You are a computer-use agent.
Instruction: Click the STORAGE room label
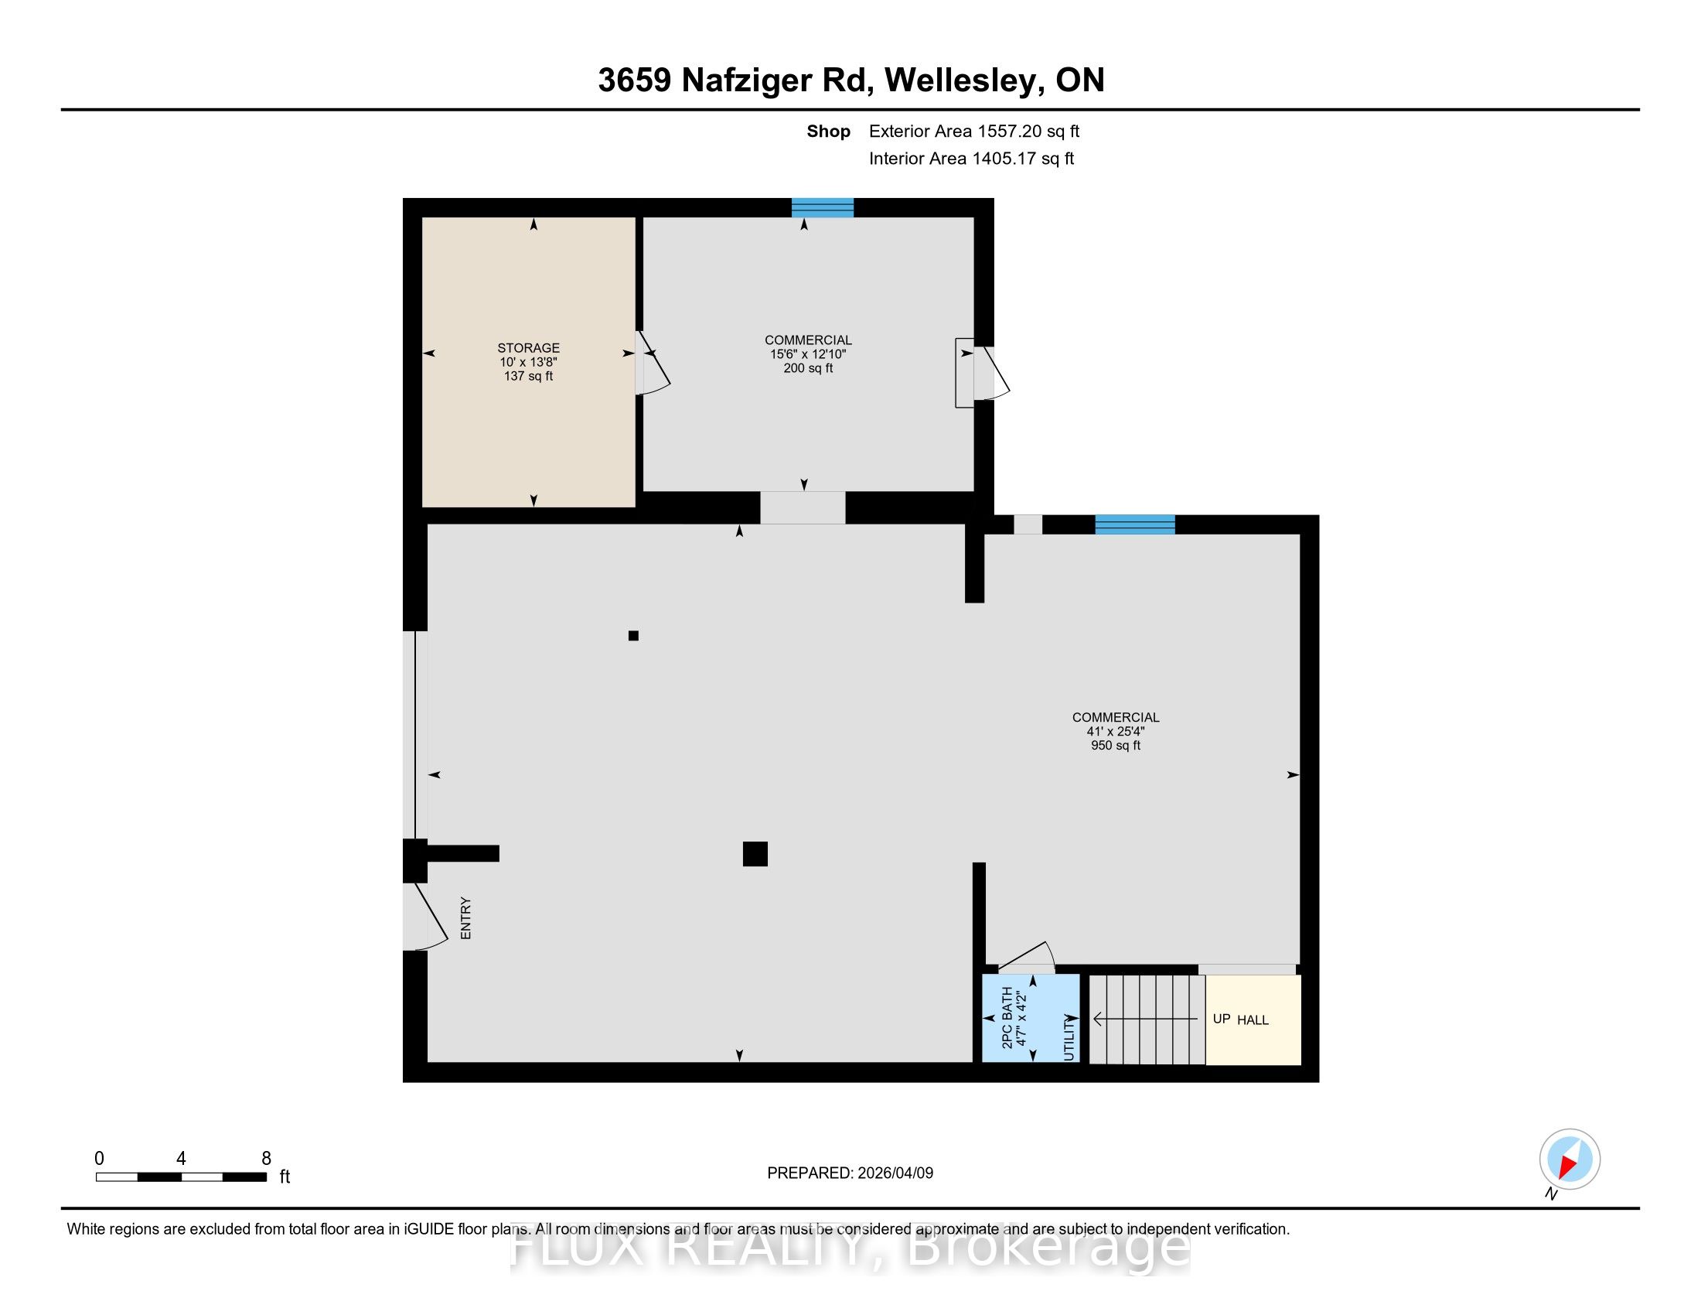click(x=528, y=348)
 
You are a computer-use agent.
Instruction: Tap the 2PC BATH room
click(x=1030, y=1017)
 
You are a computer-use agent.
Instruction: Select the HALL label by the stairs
click(x=1253, y=1020)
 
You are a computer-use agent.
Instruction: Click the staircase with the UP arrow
click(x=1147, y=1019)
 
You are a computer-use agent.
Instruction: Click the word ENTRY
click(x=465, y=918)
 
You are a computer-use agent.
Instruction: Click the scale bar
click(x=181, y=1177)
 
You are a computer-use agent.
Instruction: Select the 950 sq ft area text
click(x=1115, y=746)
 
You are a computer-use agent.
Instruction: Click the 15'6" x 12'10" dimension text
click(x=808, y=354)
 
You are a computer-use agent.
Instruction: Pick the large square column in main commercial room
click(x=755, y=854)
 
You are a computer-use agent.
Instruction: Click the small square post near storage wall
click(x=633, y=636)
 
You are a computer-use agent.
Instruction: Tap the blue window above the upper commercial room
click(x=823, y=207)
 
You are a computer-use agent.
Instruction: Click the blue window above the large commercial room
click(x=1135, y=524)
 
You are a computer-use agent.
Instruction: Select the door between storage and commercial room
click(x=652, y=363)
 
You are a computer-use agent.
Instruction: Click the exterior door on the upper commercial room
click(x=990, y=372)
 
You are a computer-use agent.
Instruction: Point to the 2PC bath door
click(x=1027, y=958)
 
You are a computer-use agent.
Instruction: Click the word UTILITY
click(x=1069, y=1037)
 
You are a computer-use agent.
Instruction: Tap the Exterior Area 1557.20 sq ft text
click(x=973, y=131)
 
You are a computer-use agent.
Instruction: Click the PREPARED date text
click(x=850, y=1173)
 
